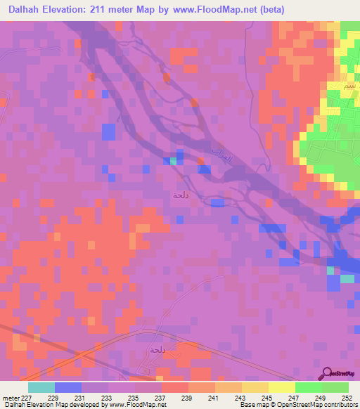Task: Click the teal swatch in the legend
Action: pyautogui.click(x=41, y=387)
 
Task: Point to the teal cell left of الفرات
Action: pyautogui.click(x=174, y=161)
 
